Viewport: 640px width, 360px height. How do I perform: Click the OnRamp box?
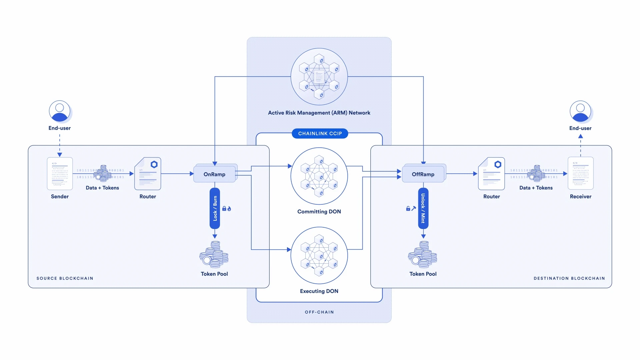pyautogui.click(x=214, y=174)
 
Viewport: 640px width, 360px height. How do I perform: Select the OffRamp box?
pyautogui.click(x=423, y=174)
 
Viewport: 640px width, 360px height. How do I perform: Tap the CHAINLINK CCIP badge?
pyautogui.click(x=320, y=133)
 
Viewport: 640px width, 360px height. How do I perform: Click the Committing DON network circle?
pyautogui.click(x=319, y=176)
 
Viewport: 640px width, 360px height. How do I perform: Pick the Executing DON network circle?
pyautogui.click(x=319, y=256)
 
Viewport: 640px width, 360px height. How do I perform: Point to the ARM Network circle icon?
pyautogui.click(x=319, y=77)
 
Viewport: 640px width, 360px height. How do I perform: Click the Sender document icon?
pyautogui.click(x=60, y=174)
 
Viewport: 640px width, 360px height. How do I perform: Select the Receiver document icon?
pyautogui.click(x=580, y=173)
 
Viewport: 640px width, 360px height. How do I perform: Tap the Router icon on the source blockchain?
pyautogui.click(x=148, y=174)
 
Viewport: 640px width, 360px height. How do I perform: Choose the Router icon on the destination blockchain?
pyautogui.click(x=491, y=174)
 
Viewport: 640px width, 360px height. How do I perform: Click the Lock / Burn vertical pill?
pyautogui.click(x=215, y=208)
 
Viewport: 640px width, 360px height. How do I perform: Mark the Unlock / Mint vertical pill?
pyautogui.click(x=423, y=208)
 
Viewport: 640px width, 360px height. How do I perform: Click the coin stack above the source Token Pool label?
pyautogui.click(x=214, y=255)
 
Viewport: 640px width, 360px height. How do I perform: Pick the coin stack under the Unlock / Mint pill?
pyautogui.click(x=423, y=255)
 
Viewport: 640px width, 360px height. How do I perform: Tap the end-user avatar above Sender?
pyautogui.click(x=60, y=111)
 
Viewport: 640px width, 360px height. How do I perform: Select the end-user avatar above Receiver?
pyautogui.click(x=580, y=111)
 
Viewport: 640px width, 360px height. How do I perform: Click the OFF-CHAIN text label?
pyautogui.click(x=319, y=312)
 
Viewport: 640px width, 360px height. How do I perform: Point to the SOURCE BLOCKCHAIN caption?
pyautogui.click(x=65, y=278)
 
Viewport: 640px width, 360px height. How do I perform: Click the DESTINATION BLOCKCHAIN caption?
pyautogui.click(x=569, y=278)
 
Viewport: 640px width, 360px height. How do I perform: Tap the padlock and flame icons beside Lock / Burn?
pyautogui.click(x=227, y=209)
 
